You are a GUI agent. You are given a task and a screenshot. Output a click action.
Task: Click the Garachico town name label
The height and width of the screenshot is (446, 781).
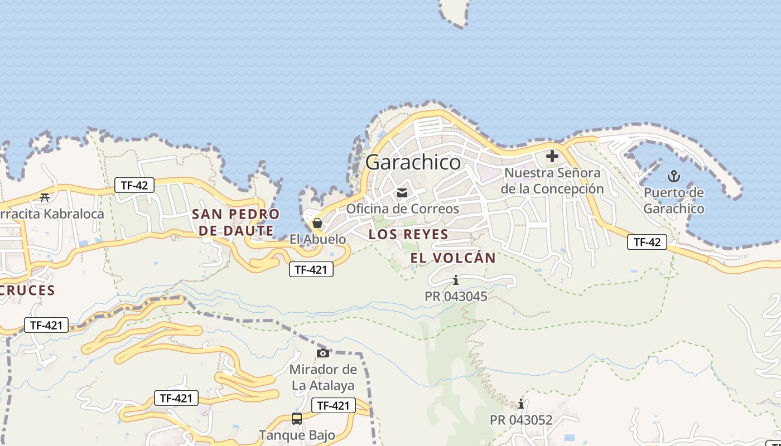click(413, 162)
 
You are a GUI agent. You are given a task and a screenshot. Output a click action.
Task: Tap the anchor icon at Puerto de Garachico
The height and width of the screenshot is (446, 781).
click(674, 177)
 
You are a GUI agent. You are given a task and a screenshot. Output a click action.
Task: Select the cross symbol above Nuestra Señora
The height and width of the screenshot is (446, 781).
click(552, 156)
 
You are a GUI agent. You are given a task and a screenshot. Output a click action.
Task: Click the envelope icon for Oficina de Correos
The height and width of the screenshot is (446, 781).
click(402, 193)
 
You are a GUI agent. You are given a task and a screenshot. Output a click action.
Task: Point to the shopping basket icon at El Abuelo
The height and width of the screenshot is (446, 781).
click(317, 224)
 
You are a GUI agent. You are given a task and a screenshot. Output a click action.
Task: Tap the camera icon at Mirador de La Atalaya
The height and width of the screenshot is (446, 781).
click(323, 353)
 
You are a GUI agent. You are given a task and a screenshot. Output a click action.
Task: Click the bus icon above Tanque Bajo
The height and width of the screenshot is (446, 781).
click(297, 418)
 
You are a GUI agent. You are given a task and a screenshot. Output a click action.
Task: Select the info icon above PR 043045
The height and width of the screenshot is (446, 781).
click(456, 280)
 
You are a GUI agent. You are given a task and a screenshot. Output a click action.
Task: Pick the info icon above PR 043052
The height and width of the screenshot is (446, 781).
click(521, 404)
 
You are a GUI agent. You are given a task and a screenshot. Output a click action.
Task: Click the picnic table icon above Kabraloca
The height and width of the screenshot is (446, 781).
click(45, 197)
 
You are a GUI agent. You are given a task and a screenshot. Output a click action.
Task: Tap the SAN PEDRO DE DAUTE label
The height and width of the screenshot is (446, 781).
click(235, 222)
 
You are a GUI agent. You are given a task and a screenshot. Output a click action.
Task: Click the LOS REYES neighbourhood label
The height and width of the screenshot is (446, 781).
click(408, 235)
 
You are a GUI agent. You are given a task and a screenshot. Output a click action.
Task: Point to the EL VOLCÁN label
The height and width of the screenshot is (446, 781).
click(453, 258)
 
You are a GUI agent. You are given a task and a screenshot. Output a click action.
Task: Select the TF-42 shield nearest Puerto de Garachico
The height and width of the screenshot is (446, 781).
click(647, 242)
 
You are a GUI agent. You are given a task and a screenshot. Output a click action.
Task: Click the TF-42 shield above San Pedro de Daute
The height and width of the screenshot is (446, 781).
click(134, 185)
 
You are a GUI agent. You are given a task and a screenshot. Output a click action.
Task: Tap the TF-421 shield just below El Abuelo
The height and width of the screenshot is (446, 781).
click(311, 270)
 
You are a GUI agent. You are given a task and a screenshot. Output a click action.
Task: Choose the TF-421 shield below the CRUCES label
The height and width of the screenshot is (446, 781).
click(46, 325)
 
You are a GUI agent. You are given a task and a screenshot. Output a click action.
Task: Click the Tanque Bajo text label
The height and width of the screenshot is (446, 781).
click(297, 435)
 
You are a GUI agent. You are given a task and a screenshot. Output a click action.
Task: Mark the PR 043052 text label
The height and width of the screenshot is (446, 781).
click(521, 420)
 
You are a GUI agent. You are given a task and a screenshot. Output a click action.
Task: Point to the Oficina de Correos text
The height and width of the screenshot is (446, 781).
click(403, 209)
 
